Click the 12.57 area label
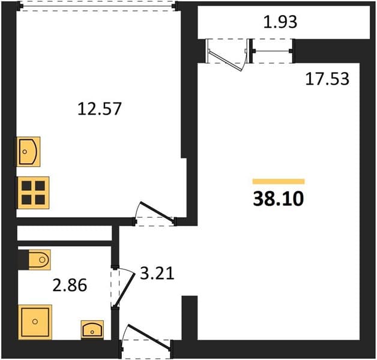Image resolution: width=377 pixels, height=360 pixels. [x=99, y=109]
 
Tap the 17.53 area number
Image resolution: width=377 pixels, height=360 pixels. [x=327, y=79]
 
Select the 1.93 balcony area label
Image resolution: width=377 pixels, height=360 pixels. [x=280, y=22]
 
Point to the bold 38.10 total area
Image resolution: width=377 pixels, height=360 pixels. [x=279, y=199]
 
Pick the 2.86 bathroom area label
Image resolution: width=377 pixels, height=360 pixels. [x=70, y=286]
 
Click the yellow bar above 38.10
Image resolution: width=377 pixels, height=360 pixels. [x=279, y=181]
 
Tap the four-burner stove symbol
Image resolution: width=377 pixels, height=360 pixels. [x=33, y=193]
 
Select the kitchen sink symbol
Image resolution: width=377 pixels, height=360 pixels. [x=28, y=152]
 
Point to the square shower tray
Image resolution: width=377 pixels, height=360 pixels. [x=35, y=322]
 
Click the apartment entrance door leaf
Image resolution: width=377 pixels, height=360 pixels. [x=149, y=337]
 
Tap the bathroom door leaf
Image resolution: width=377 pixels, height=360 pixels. [x=124, y=290]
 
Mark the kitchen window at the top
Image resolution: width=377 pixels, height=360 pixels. [x=98, y=6]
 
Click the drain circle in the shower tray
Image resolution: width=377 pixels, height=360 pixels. [x=35, y=322]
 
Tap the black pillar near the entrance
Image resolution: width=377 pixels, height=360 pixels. [x=190, y=318]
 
